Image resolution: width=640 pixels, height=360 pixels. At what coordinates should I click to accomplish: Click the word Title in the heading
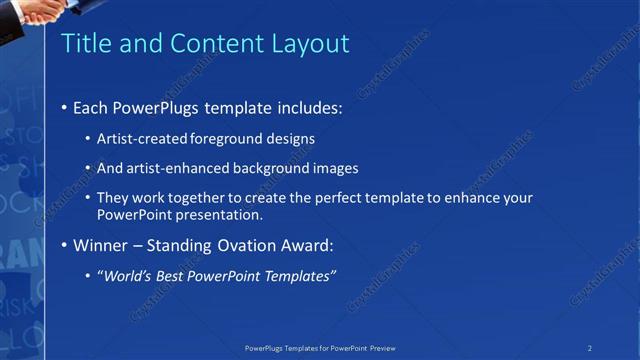(x=87, y=43)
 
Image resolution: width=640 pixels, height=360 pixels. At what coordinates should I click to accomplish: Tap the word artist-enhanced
(x=175, y=168)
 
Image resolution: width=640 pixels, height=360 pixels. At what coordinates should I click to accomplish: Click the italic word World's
(x=125, y=275)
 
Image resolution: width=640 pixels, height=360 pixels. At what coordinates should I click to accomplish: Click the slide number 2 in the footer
(x=590, y=348)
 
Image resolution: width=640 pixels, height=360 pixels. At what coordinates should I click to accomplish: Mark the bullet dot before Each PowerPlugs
(x=65, y=107)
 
